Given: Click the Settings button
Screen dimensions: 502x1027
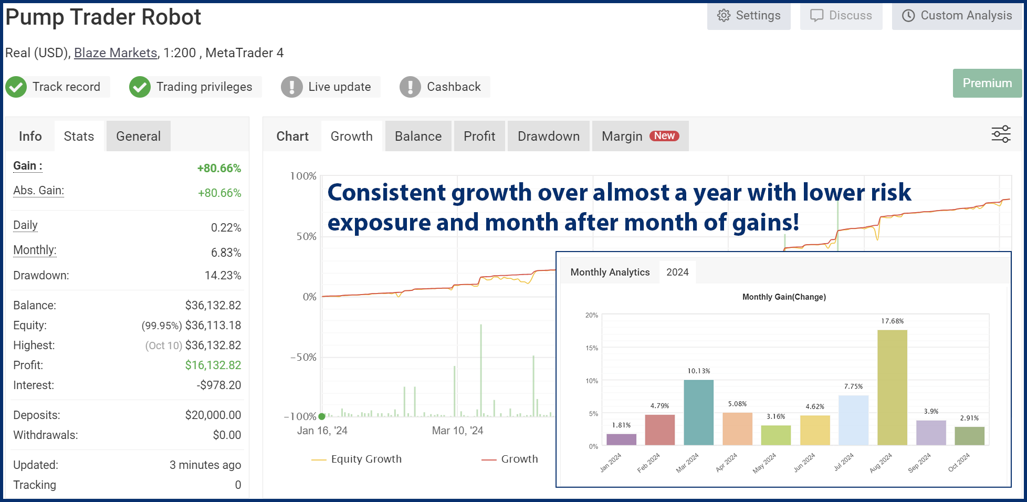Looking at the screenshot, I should pos(749,16).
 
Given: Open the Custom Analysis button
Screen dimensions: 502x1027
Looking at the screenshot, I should pos(957,16).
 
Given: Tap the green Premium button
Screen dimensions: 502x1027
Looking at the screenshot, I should pos(987,83).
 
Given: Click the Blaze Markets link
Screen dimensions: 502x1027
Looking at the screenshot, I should pos(116,53).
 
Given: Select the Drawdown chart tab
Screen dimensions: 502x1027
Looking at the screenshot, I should pos(548,137).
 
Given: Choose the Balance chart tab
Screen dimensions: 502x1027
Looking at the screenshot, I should pos(418,137).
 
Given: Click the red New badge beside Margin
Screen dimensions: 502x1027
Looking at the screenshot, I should pos(664,136).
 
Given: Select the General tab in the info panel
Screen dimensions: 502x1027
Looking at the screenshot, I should pos(138,137).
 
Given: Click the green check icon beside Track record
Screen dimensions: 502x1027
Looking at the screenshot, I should pos(16,87).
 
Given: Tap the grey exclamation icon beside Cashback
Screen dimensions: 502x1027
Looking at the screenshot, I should pos(410,87).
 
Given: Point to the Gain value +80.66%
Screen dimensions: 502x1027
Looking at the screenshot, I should pos(219,169).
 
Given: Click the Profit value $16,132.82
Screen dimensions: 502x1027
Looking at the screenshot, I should pos(213,365).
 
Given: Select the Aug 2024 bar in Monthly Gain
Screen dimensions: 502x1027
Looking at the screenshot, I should pos(892,388).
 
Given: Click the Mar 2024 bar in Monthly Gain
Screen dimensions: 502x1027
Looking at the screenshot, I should pos(698,412).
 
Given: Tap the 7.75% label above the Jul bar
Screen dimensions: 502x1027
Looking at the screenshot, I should pos(853,386).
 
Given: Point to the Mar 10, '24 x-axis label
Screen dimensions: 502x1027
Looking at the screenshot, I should pos(457,431).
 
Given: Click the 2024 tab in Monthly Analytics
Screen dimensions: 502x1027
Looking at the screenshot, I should pos(677,273).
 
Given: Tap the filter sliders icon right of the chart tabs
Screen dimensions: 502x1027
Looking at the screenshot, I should pos(1001,134).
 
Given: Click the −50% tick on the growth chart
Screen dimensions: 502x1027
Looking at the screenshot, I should pos(303,358).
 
